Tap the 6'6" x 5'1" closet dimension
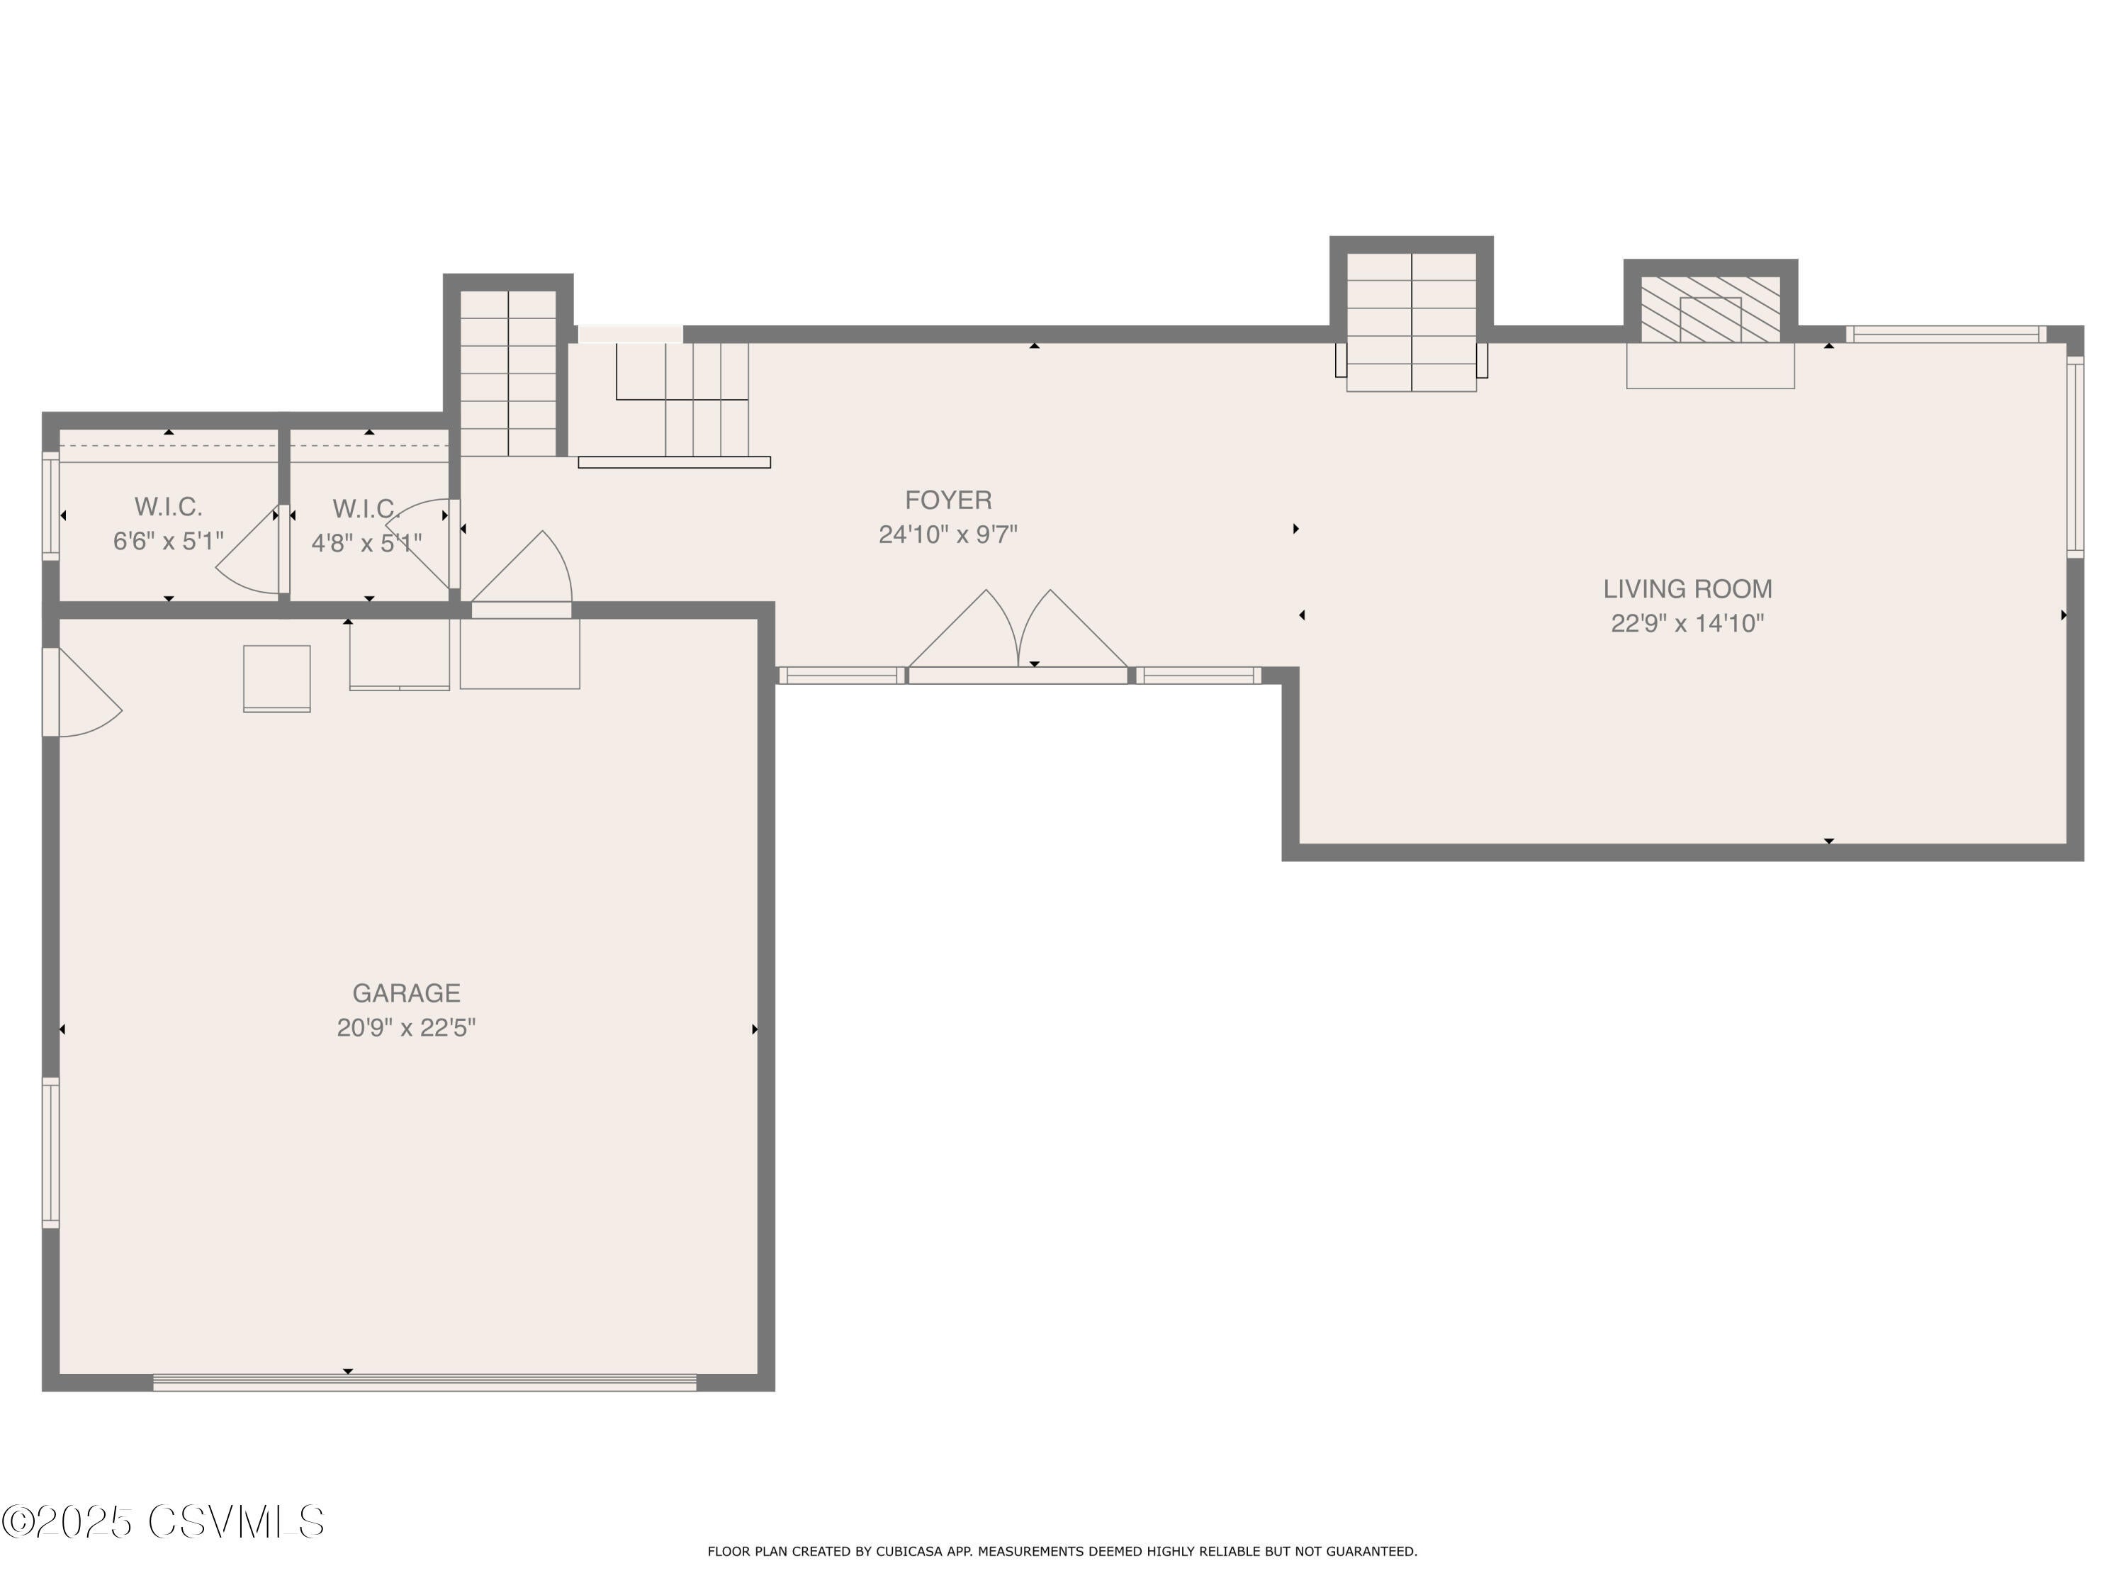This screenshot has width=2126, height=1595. [168, 542]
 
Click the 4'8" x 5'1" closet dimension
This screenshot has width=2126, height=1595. [366, 543]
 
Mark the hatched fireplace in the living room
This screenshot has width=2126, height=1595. [1710, 310]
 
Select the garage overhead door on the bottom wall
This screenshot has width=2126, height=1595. [424, 1382]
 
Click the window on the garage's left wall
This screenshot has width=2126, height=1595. [50, 1153]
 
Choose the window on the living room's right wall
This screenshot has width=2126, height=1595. [2075, 457]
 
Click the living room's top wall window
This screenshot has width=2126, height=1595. [1945, 335]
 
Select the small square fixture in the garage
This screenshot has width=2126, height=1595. [277, 678]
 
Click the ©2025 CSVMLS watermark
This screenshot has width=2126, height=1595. [164, 1523]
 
